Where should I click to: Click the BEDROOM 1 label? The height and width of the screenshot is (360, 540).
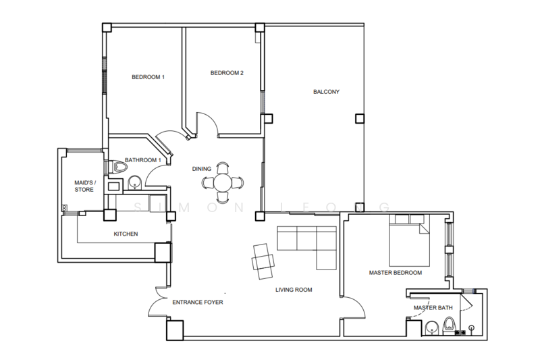pyautogui.click(x=148, y=77)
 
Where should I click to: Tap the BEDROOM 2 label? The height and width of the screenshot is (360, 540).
pyautogui.click(x=227, y=73)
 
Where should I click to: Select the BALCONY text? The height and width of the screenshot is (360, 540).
pyautogui.click(x=326, y=92)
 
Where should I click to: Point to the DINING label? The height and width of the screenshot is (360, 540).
pyautogui.click(x=201, y=169)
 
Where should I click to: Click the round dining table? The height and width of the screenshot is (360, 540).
pyautogui.click(x=223, y=182)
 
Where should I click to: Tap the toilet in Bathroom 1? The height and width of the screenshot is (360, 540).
pyautogui.click(x=118, y=167)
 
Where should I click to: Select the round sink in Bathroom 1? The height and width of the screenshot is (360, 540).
pyautogui.click(x=134, y=183)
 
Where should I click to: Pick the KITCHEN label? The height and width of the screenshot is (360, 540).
pyautogui.click(x=126, y=234)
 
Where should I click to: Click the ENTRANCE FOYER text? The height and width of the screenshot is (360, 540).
pyautogui.click(x=198, y=302)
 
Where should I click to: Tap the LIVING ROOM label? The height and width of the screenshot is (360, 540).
pyautogui.click(x=294, y=290)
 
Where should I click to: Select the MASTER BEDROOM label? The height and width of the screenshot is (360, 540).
pyautogui.click(x=396, y=272)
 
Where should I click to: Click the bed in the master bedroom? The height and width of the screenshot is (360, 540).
pyautogui.click(x=410, y=240)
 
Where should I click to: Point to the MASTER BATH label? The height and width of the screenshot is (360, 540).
pyautogui.click(x=433, y=307)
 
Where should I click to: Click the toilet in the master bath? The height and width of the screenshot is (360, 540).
pyautogui.click(x=449, y=326)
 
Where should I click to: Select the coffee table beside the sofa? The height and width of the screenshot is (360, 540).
pyautogui.click(x=263, y=261)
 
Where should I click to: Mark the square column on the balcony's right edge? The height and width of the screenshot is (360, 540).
pyautogui.click(x=360, y=119)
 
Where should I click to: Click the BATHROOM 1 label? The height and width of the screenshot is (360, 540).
pyautogui.click(x=143, y=160)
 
